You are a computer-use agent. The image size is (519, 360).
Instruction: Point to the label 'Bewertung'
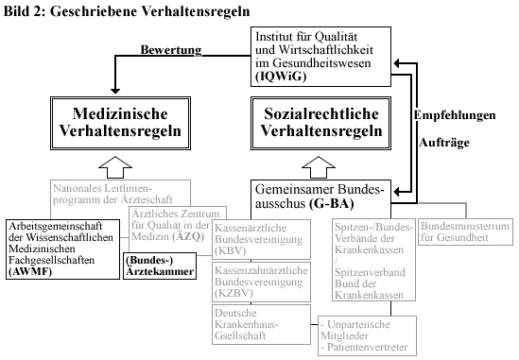click(x=173, y=50)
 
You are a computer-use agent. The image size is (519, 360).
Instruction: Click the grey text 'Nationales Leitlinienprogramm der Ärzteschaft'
click(x=116, y=193)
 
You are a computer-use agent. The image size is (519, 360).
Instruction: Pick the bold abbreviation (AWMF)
click(x=30, y=270)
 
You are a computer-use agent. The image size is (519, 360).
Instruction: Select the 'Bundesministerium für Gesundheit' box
click(x=464, y=231)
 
